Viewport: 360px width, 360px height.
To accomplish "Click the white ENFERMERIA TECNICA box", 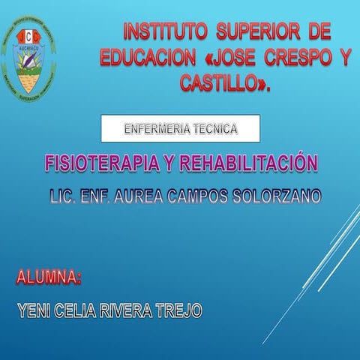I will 181,129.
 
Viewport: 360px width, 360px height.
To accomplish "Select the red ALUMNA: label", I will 49,278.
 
